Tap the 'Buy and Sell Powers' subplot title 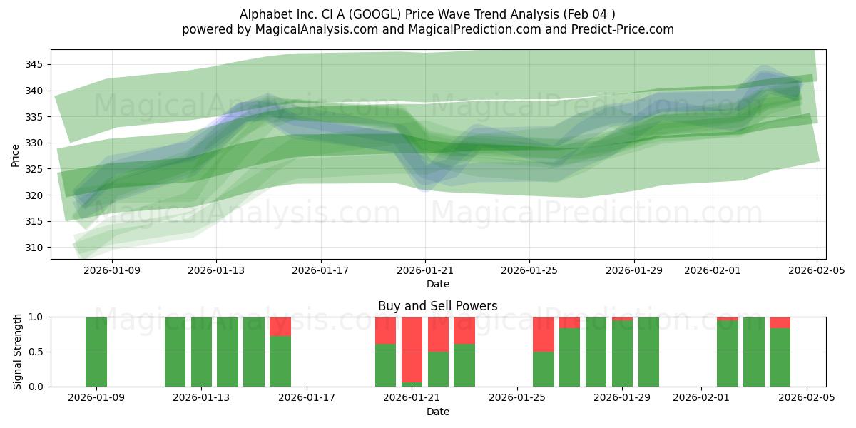click(437, 306)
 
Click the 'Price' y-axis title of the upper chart click(16, 154)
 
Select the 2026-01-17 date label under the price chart click(320, 270)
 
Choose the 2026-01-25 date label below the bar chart click(517, 398)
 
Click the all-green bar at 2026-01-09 click(96, 352)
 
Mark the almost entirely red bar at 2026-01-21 click(412, 350)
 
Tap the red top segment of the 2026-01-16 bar click(280, 326)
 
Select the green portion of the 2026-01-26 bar click(544, 369)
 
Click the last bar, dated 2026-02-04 click(780, 357)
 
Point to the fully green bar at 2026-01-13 click(201, 352)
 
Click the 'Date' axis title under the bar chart click(437, 412)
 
